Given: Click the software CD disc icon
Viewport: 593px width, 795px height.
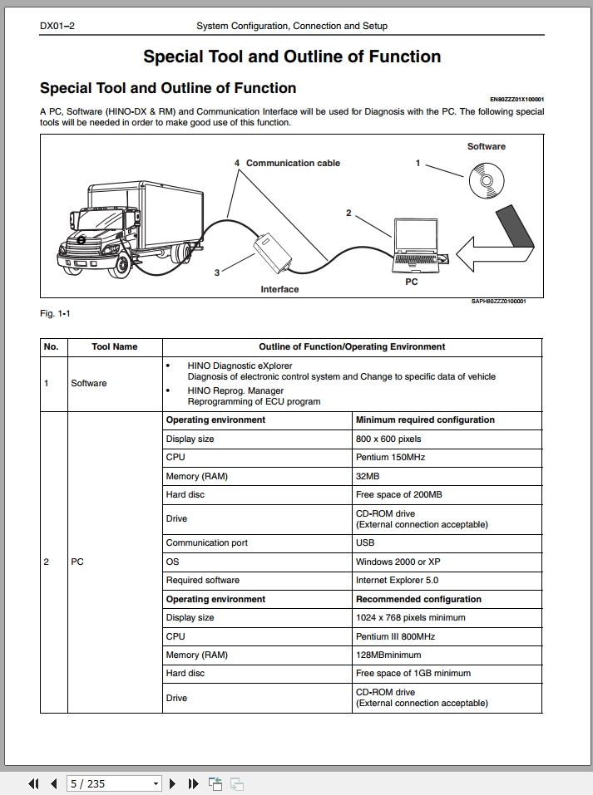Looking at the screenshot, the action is (x=487, y=180).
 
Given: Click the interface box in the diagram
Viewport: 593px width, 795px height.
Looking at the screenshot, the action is (x=273, y=252).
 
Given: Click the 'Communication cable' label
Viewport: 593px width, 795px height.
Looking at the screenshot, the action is (x=293, y=164).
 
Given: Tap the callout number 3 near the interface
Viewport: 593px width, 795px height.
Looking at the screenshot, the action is (x=217, y=272).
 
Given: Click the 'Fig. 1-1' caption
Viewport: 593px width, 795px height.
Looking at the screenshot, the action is (x=56, y=313).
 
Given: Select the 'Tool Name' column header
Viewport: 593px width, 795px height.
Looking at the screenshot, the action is (x=115, y=346).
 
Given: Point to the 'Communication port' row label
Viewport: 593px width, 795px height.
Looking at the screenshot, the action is (x=206, y=543).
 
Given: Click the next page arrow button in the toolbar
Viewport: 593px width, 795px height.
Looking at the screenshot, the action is (x=172, y=784).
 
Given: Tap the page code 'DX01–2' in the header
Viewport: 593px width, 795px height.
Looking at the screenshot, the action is (x=57, y=26).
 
